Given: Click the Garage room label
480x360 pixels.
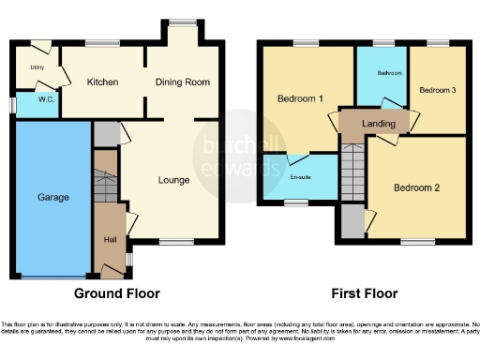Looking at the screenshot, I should click(52, 199).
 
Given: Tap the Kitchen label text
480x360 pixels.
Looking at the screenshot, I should click(102, 82).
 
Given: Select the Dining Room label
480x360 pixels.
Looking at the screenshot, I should click(183, 82).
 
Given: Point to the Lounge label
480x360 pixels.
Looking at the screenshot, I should click(174, 180).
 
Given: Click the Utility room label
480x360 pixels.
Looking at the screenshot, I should click(37, 68).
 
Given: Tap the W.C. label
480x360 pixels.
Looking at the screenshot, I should click(37, 101).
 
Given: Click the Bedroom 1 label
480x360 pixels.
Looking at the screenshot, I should click(300, 98).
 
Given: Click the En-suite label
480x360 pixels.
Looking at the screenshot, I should click(300, 174).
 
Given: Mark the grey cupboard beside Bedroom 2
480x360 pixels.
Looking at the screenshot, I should click(352, 222).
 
